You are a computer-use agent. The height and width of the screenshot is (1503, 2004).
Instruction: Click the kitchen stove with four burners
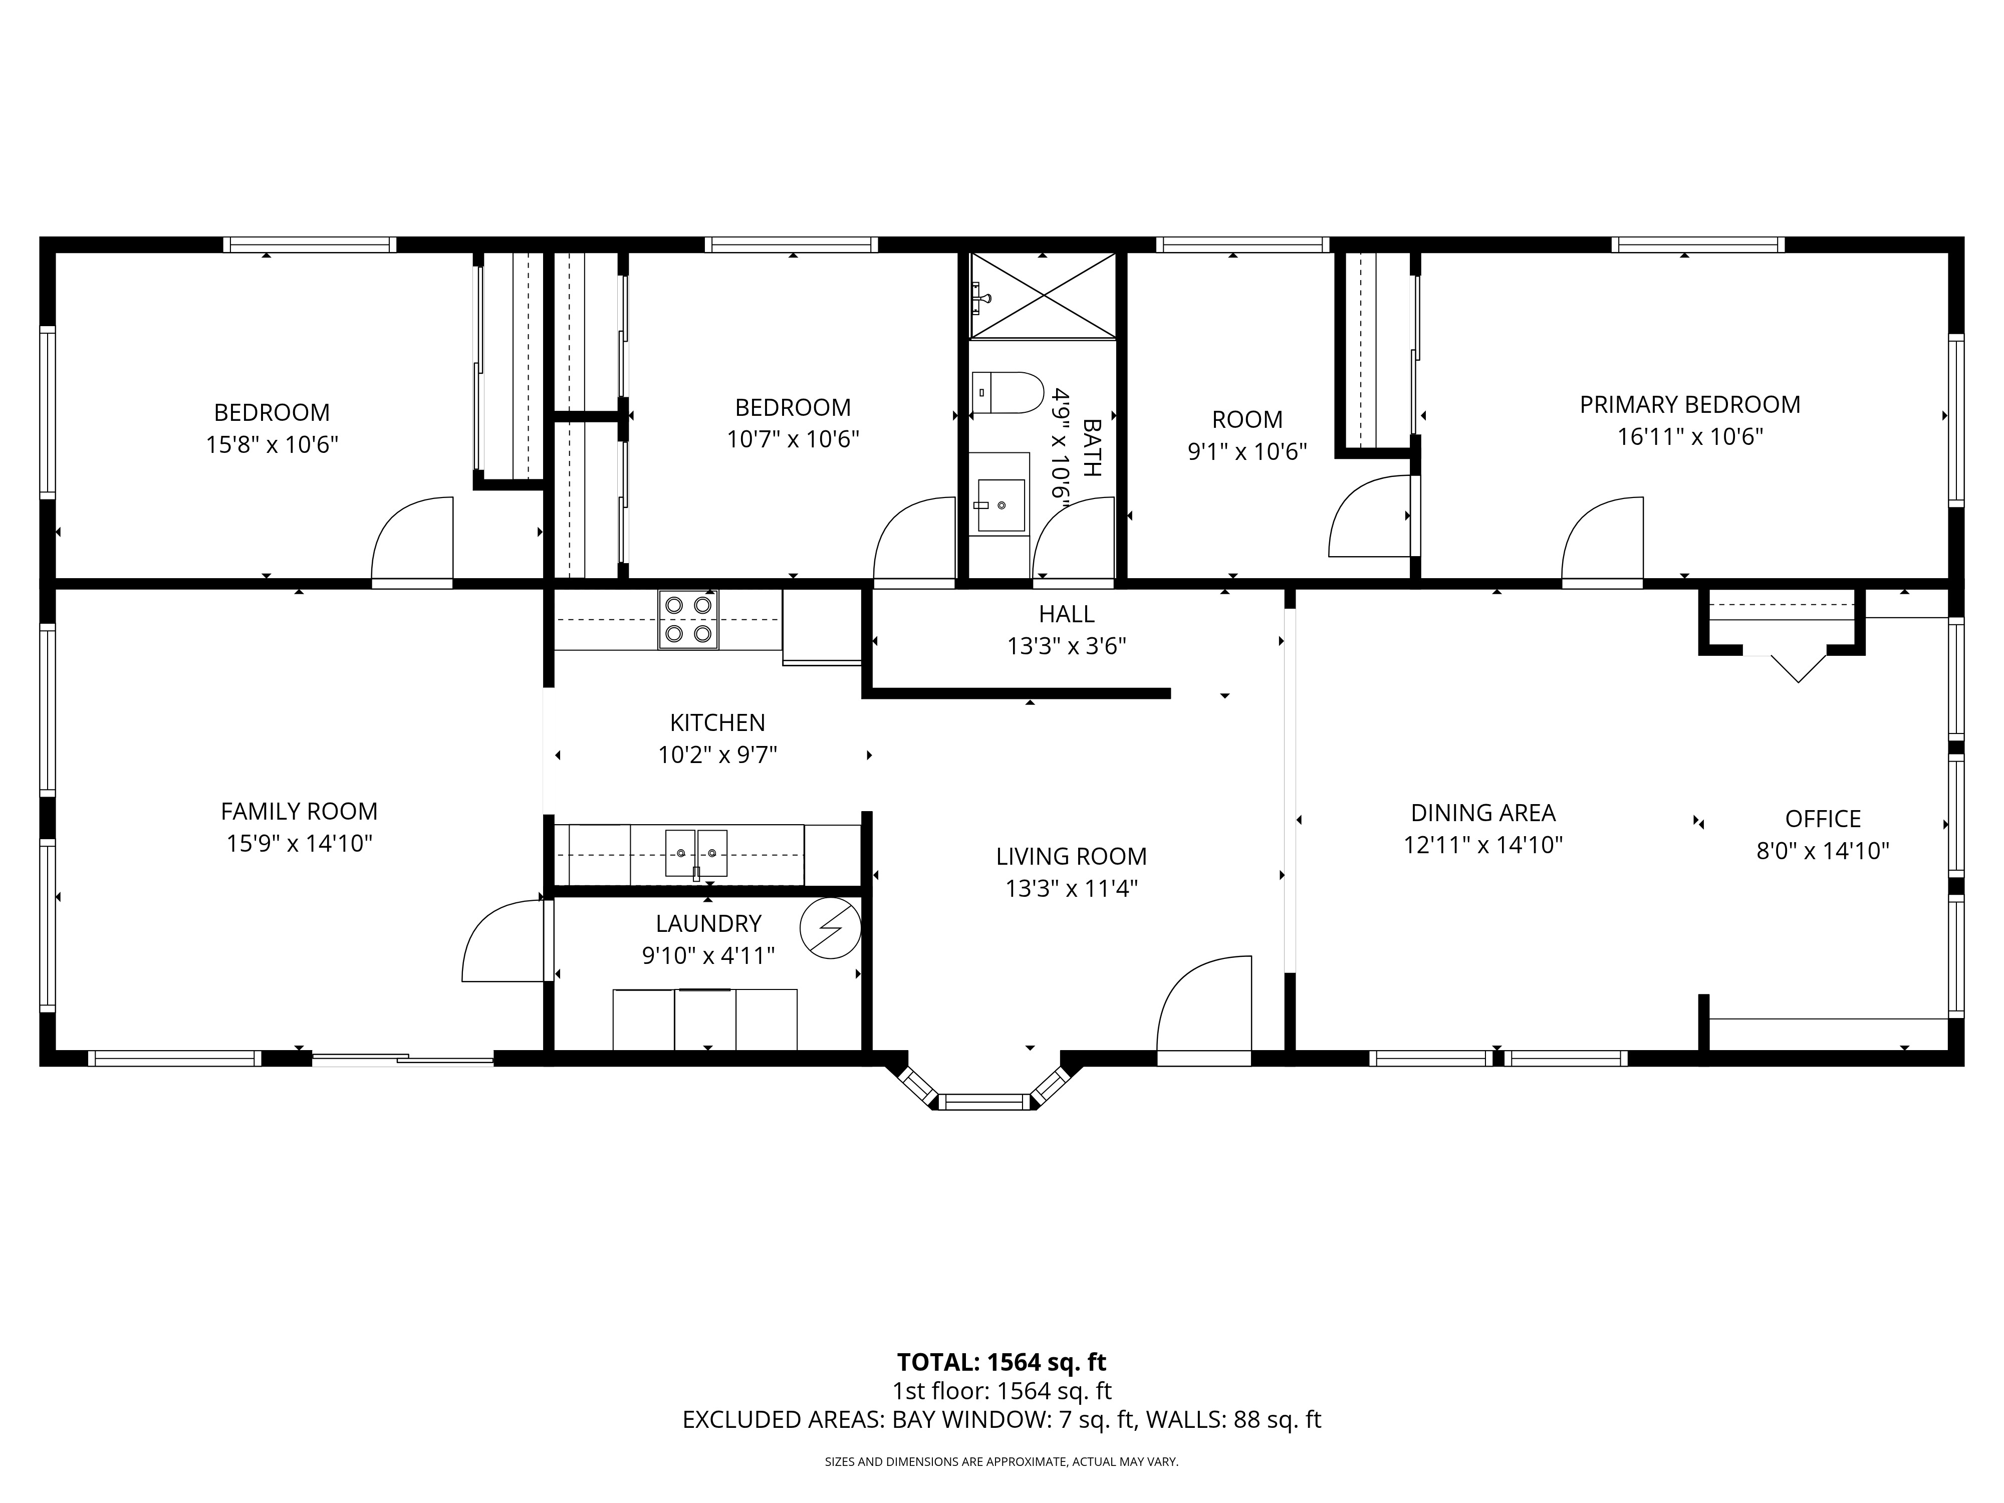[688, 620]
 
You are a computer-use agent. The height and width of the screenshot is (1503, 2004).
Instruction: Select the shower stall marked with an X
[1043, 296]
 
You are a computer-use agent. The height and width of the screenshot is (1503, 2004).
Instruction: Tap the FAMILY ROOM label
[299, 811]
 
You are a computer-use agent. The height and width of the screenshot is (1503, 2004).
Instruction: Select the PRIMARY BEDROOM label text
[1690, 405]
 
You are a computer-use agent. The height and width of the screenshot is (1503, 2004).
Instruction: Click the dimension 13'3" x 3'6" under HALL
[1066, 646]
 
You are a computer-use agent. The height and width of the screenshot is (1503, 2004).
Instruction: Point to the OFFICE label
[1823, 819]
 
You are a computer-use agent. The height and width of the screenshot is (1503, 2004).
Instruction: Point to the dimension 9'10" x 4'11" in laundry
[708, 956]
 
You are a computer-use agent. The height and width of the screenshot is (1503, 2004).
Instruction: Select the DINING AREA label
[1483, 813]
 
